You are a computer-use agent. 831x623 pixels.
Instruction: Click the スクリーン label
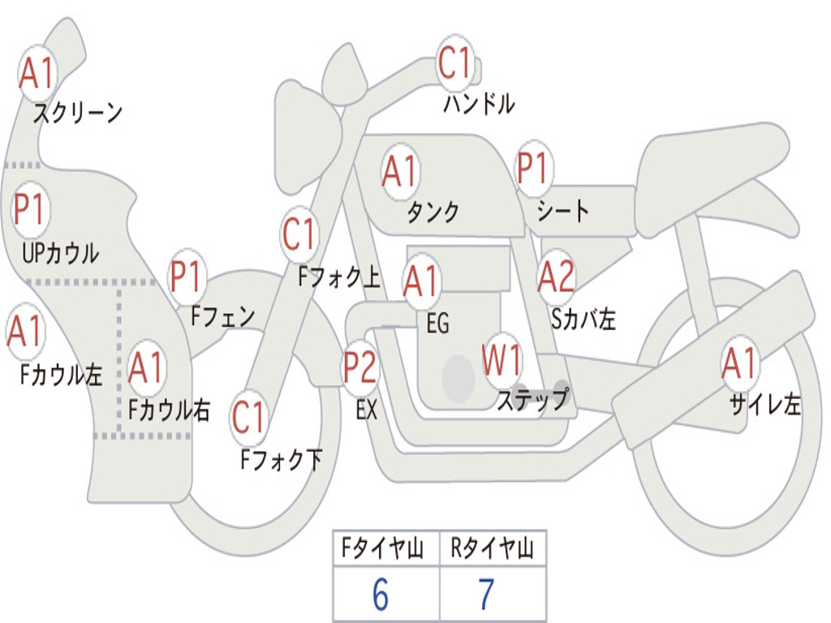pyautogui.click(x=78, y=113)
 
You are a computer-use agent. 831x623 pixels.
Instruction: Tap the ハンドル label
pyautogui.click(x=479, y=103)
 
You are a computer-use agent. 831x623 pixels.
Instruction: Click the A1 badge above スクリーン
pyautogui.click(x=37, y=72)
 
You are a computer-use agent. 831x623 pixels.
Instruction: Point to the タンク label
pyautogui.click(x=433, y=212)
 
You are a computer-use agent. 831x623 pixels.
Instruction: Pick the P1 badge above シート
pyautogui.click(x=532, y=168)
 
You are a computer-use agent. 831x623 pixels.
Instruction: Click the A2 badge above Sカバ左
pyautogui.click(x=556, y=276)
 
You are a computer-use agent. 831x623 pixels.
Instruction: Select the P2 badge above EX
pyautogui.click(x=360, y=367)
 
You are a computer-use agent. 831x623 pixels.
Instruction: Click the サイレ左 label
pyautogui.click(x=765, y=404)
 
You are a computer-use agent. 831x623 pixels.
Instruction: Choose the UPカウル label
pyautogui.click(x=60, y=253)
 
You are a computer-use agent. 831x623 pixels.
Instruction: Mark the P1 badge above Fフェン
pyautogui.click(x=187, y=276)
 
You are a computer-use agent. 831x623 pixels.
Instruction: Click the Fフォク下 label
pyautogui.click(x=282, y=459)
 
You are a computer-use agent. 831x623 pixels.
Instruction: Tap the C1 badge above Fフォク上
pyautogui.click(x=299, y=234)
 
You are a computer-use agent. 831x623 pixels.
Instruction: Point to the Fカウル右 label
pyautogui.click(x=169, y=410)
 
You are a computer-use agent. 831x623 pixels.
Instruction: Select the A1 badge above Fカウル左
pyautogui.click(x=25, y=331)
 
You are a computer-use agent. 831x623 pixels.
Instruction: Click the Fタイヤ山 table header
pyautogui.click(x=382, y=548)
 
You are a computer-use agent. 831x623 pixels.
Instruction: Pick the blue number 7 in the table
pyautogui.click(x=487, y=594)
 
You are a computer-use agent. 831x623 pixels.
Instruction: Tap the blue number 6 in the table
pyautogui.click(x=381, y=594)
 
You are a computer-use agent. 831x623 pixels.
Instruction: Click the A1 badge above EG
pyautogui.click(x=421, y=280)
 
